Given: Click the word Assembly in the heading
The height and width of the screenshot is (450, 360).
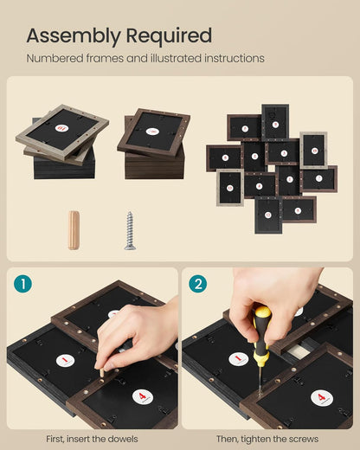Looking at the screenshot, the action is click(x=74, y=36).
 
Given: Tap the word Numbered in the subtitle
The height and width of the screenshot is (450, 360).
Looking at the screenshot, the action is click(x=55, y=58).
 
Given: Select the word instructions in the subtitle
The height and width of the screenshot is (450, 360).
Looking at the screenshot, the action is click(x=235, y=58).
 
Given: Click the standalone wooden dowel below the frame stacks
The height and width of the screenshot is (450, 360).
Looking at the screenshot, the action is click(x=74, y=230).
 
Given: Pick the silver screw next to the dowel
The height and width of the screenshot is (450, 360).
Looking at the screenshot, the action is click(x=130, y=230).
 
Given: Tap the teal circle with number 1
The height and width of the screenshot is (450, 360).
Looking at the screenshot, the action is click(x=22, y=284).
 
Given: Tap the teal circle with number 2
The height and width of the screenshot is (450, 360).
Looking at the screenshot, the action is click(x=198, y=284).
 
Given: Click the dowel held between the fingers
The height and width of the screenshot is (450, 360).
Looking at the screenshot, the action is click(x=102, y=372).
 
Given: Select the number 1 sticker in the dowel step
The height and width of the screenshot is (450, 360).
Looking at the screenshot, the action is click(x=65, y=360).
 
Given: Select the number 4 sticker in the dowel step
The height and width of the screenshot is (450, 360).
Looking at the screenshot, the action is click(x=143, y=396).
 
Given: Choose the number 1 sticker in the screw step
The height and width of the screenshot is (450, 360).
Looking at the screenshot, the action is click(x=239, y=359).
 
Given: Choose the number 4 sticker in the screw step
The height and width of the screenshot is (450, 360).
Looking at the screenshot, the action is click(x=322, y=398).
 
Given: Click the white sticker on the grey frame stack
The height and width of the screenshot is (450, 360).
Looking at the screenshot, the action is click(x=62, y=128).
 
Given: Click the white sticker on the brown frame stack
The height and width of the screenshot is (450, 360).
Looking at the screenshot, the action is click(x=152, y=132).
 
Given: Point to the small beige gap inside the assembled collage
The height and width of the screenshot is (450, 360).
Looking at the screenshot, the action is click(x=272, y=168).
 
